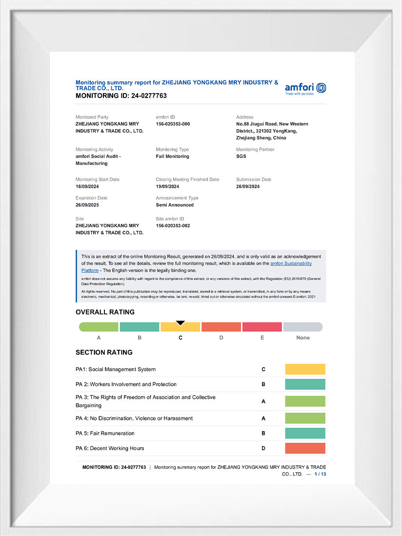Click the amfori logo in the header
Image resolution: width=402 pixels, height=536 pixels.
click(x=305, y=88)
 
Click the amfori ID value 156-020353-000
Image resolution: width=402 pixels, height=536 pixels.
click(x=173, y=124)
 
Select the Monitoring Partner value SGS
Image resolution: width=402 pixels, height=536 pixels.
click(x=241, y=157)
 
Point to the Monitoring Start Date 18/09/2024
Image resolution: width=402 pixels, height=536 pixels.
click(x=87, y=186)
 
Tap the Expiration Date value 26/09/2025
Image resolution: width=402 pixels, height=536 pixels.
click(x=87, y=205)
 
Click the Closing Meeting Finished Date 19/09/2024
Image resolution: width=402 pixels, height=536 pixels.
click(x=167, y=186)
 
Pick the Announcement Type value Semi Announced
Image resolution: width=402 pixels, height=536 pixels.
click(x=175, y=205)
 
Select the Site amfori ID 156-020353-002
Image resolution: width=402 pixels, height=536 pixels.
click(x=173, y=226)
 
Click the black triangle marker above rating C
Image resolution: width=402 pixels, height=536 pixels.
click(x=180, y=322)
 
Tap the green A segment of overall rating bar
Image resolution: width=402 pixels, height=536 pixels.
click(x=99, y=327)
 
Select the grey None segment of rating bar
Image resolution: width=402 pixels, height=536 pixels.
click(x=302, y=327)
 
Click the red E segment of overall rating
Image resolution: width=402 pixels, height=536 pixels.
click(x=262, y=327)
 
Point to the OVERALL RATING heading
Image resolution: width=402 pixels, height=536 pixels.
click(x=105, y=312)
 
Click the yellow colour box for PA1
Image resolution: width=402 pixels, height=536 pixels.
click(x=305, y=369)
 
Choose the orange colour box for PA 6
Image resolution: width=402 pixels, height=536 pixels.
click(x=305, y=448)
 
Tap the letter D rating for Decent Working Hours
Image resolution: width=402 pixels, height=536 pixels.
click(x=263, y=448)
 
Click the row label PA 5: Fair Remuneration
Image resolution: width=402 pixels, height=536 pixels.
click(x=105, y=433)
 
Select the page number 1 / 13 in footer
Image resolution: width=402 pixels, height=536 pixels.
click(x=320, y=474)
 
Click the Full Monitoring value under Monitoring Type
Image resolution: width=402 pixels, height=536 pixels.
click(x=172, y=157)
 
